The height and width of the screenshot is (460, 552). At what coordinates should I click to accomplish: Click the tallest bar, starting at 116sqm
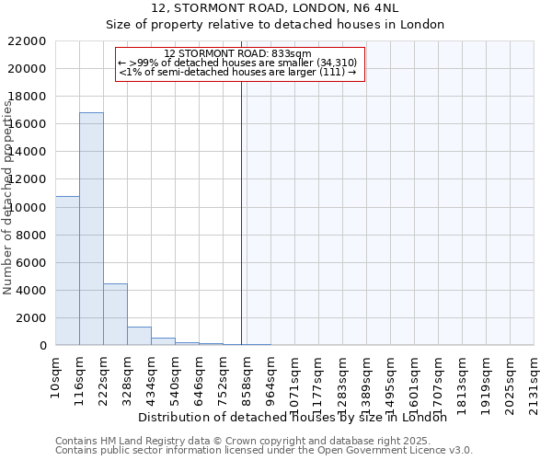[91, 229]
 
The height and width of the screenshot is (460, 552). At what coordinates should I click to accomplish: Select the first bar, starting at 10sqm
[67, 270]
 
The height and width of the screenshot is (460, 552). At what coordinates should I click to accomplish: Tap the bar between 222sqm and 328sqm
[115, 314]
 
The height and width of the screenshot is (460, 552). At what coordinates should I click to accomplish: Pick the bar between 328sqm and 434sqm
[139, 336]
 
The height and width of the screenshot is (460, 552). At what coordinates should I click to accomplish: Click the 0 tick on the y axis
[42, 345]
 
